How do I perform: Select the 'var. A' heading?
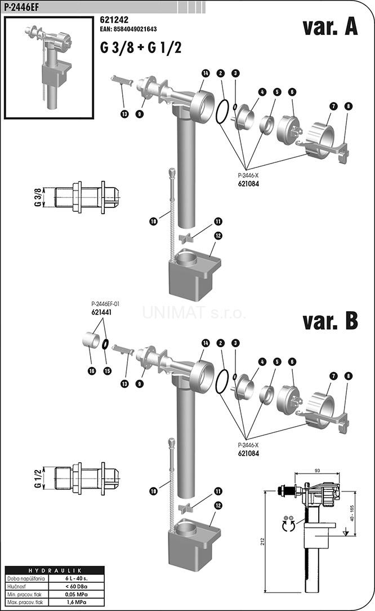[x=329, y=26]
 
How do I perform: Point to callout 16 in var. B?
[x=91, y=370]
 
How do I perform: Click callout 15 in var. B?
[x=107, y=370]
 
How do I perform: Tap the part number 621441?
[x=102, y=311]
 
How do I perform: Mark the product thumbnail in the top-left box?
[x=48, y=67]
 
